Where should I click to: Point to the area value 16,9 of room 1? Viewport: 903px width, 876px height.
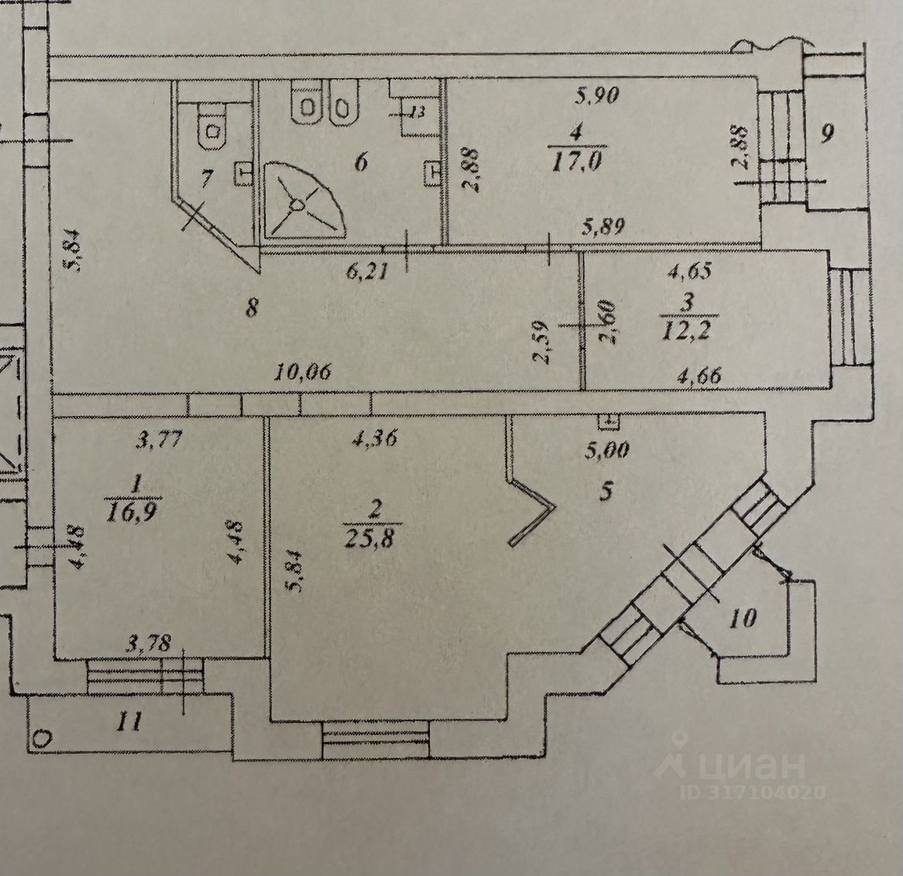point(135,512)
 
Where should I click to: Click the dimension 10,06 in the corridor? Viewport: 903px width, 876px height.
point(304,373)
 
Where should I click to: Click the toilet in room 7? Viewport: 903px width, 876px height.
point(211,129)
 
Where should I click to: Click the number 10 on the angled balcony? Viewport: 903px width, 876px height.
point(742,618)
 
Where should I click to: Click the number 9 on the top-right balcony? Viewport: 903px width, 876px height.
point(826,135)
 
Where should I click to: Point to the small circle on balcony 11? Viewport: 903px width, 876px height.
point(43,738)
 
